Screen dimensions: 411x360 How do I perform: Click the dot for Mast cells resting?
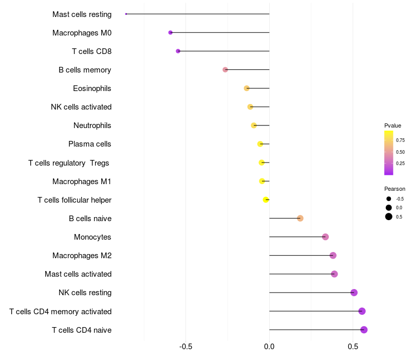click(x=126, y=14)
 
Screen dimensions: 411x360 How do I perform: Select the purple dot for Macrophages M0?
click(x=171, y=32)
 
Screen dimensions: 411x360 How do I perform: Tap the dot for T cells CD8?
click(x=178, y=51)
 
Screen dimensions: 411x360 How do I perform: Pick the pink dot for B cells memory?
click(x=225, y=70)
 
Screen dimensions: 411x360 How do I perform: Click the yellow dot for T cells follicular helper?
click(x=266, y=200)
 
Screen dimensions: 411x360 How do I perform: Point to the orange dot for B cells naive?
click(x=301, y=218)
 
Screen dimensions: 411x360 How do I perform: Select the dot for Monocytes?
click(x=325, y=237)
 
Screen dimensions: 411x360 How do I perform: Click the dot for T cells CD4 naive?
click(x=364, y=330)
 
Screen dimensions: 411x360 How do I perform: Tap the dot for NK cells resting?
click(x=354, y=293)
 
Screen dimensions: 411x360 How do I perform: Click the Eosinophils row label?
click(x=92, y=88)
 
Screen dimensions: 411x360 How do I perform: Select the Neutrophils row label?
click(x=92, y=125)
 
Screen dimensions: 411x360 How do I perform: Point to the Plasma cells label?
click(x=89, y=144)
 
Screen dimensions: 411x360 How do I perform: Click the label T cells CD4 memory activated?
click(x=61, y=312)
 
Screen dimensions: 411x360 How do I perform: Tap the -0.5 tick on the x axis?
click(x=185, y=347)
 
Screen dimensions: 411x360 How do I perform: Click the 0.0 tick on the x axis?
click(x=269, y=347)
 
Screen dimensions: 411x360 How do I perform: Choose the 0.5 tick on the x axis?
click(x=353, y=347)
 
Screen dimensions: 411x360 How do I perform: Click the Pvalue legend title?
click(x=393, y=125)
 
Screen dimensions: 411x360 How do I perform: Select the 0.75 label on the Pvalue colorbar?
click(x=400, y=140)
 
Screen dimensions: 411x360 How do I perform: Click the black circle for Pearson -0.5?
click(x=389, y=199)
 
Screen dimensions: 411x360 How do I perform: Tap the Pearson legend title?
click(x=395, y=189)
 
